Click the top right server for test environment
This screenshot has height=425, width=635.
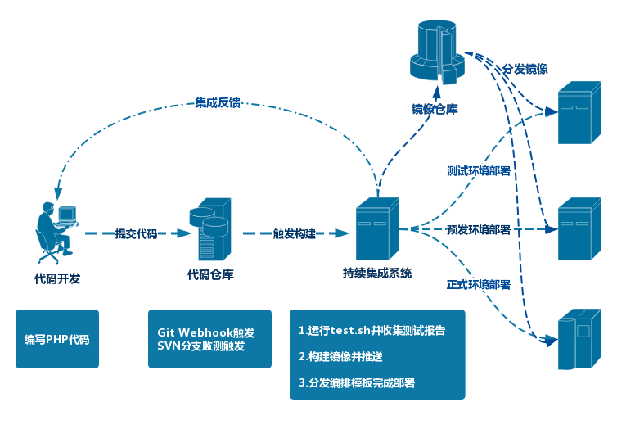tap(579, 112)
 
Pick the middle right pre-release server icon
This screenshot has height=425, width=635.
tap(579, 228)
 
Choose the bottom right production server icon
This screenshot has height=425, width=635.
tap(579, 340)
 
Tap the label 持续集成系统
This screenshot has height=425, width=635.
tap(377, 273)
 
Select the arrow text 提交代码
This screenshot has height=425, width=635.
tap(136, 233)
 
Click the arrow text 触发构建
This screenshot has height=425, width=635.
tap(294, 233)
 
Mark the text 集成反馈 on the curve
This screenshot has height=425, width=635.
tap(218, 102)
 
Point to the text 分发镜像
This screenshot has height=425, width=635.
tap(525, 70)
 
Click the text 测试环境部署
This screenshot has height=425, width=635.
tap(479, 171)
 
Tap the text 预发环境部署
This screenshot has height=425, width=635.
tap(479, 230)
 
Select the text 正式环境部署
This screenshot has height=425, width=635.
tap(479, 285)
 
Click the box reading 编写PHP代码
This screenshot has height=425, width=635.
tap(57, 338)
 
